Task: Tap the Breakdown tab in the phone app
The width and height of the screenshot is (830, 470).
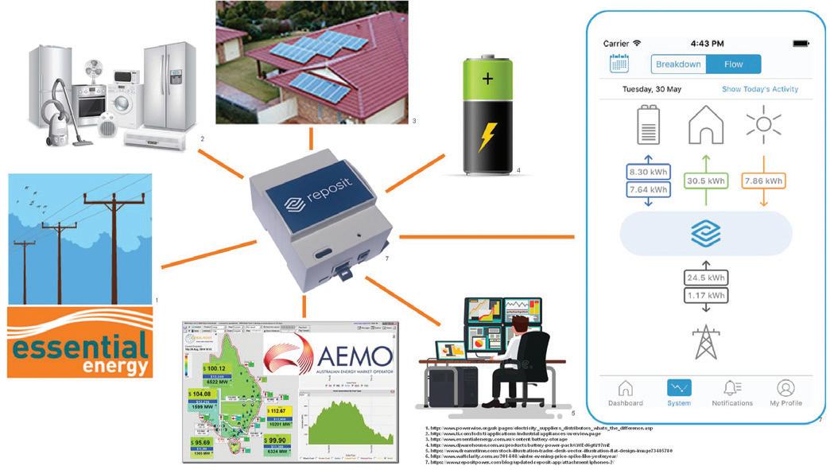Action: coord(678,64)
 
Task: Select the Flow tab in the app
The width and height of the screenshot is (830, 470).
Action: coord(733,64)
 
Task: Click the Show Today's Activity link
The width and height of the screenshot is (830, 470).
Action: coord(759,89)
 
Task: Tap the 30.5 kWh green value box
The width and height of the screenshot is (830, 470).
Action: coord(706,181)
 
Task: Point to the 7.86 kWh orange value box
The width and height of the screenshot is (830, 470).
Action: coord(763,181)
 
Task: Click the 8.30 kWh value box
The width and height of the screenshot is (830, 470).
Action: coord(648,172)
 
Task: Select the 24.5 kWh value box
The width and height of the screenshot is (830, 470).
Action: coord(705,279)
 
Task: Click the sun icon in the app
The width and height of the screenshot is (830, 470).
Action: coord(763,126)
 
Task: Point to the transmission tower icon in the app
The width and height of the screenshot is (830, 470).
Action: coord(705,341)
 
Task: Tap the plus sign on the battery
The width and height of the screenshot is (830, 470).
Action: coord(487,80)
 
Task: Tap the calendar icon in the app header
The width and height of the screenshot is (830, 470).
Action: coord(619,64)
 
